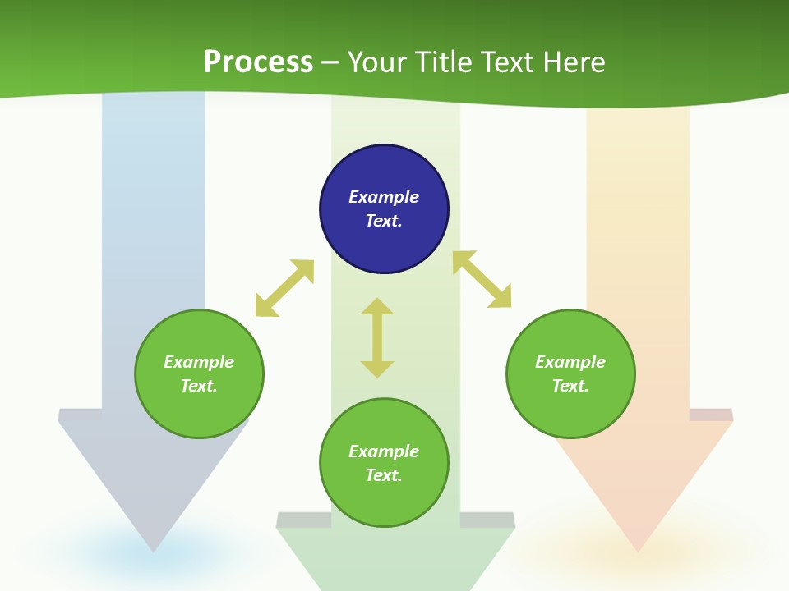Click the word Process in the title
pyautogui.click(x=258, y=62)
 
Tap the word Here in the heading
pyautogui.click(x=573, y=62)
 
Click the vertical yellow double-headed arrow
pyautogui.click(x=377, y=337)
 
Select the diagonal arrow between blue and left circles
pyautogui.click(x=284, y=288)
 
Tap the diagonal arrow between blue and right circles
pyautogui.click(x=482, y=279)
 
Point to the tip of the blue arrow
pyautogui.click(x=154, y=548)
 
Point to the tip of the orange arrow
pyautogui.click(x=639, y=548)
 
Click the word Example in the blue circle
pyautogui.click(x=384, y=197)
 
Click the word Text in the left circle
pyautogui.click(x=199, y=386)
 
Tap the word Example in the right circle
pyautogui.click(x=570, y=362)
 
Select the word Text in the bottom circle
pyautogui.click(x=384, y=475)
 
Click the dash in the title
pyautogui.click(x=330, y=63)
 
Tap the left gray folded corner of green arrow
pyautogui.click(x=302, y=520)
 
